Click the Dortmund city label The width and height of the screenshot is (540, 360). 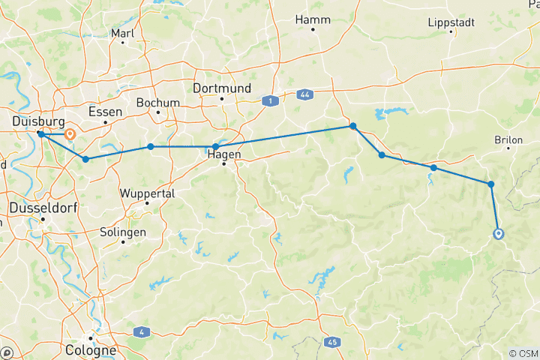221,88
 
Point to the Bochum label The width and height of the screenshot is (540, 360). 157,103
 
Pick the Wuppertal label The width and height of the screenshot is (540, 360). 147,193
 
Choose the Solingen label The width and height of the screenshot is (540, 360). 122,232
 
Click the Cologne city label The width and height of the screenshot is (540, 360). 91,349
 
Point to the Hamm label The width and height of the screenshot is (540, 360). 313,19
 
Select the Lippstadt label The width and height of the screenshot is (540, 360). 451,22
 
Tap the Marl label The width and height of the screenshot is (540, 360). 121,33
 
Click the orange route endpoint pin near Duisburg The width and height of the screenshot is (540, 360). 70,135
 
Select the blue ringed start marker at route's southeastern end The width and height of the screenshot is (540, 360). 499,234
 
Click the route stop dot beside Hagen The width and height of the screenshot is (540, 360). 215,147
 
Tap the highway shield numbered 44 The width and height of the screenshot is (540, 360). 304,94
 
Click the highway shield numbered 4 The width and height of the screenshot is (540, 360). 141,331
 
